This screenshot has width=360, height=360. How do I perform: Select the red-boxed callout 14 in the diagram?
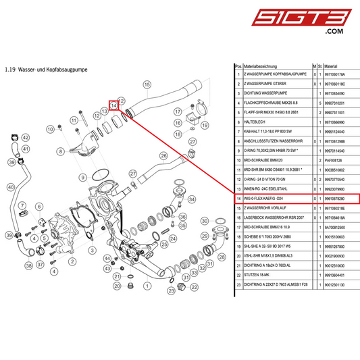coord(114,105)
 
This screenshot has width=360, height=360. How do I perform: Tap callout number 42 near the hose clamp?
coord(25,138)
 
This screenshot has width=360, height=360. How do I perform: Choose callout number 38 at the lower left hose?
coord(28,265)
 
